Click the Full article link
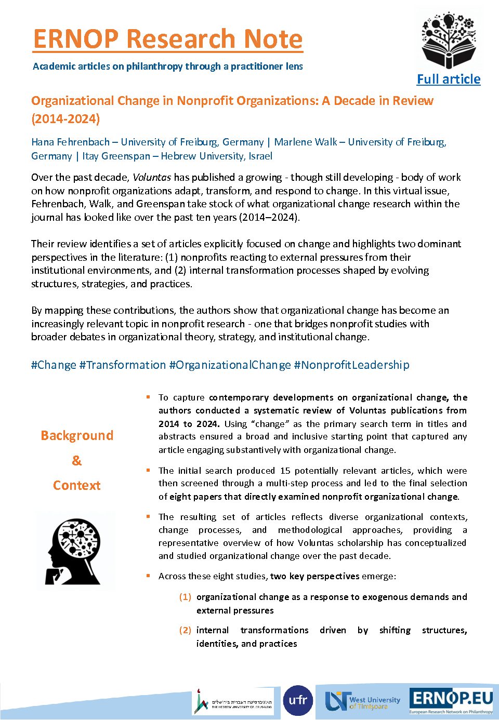(x=449, y=79)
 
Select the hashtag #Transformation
(x=123, y=365)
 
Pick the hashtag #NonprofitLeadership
(x=351, y=365)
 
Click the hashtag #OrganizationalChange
(x=230, y=365)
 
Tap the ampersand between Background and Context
(x=76, y=460)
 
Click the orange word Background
(x=77, y=435)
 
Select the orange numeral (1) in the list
(x=185, y=597)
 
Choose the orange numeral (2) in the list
(x=185, y=630)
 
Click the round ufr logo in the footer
(x=298, y=700)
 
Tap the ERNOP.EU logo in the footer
(x=451, y=700)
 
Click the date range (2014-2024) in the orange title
(x=65, y=118)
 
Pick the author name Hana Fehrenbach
(x=71, y=142)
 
